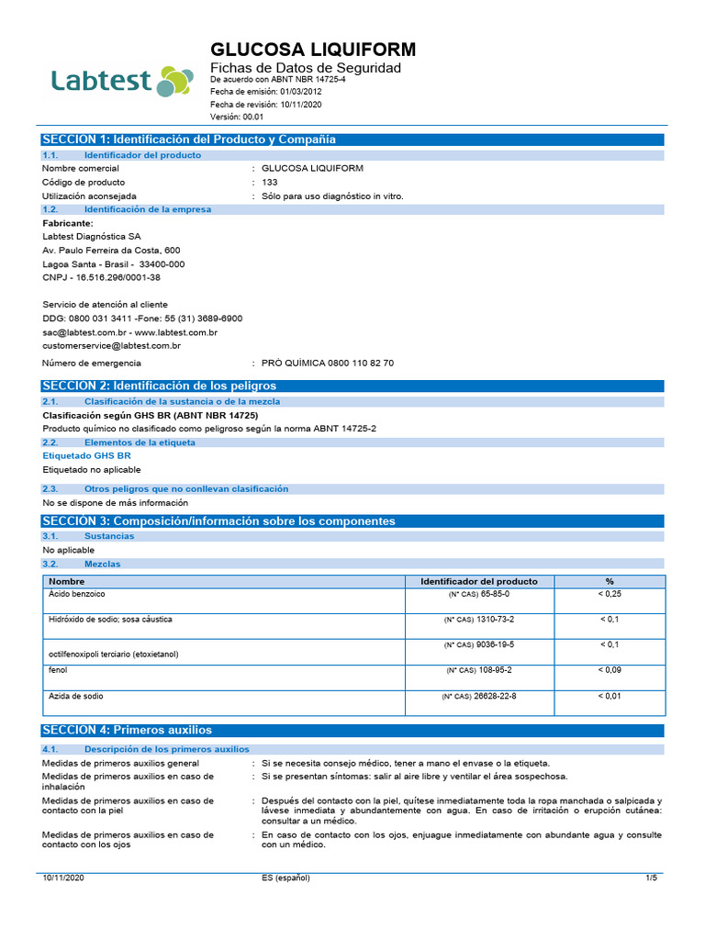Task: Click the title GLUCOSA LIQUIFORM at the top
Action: click(x=313, y=50)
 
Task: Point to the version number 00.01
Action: click(x=253, y=117)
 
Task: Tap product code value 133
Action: click(x=270, y=183)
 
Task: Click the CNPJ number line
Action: click(x=102, y=277)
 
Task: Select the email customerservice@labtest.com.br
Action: click(x=112, y=346)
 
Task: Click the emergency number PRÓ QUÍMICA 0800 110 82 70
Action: click(x=328, y=364)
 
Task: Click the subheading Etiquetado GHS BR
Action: click(x=87, y=455)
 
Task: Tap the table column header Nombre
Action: click(x=67, y=581)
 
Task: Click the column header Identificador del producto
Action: click(x=479, y=581)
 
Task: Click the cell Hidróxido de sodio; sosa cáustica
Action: click(x=110, y=620)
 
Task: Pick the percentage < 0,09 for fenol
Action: click(x=610, y=670)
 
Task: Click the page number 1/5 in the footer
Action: click(x=652, y=878)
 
